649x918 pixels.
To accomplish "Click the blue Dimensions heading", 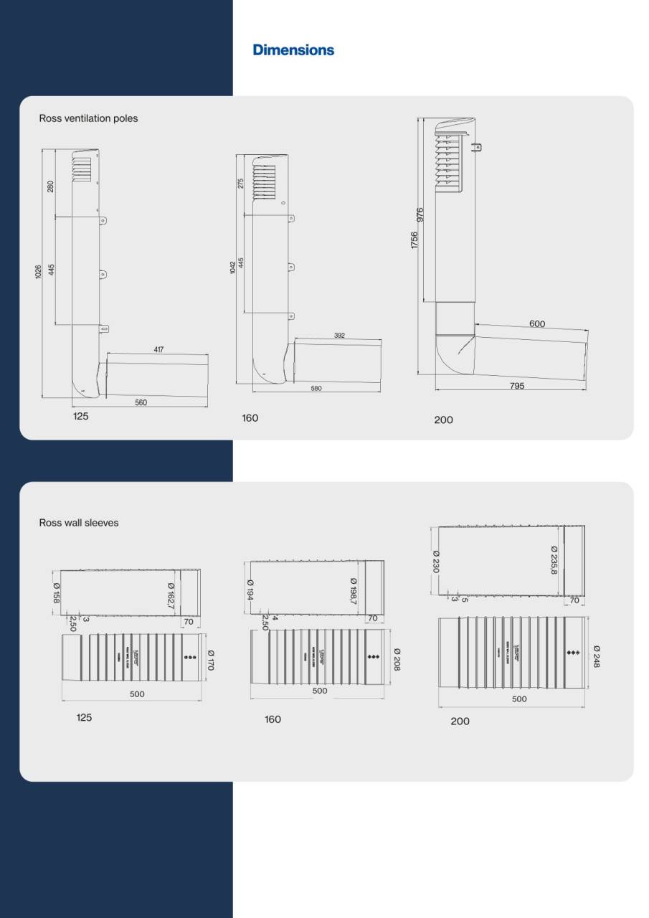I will click(293, 50).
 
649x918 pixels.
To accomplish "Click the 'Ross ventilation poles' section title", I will click(88, 118).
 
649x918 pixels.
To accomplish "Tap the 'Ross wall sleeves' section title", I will click(79, 523).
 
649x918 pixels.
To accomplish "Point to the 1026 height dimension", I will click(38, 273).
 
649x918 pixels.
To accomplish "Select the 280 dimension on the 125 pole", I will click(50, 186).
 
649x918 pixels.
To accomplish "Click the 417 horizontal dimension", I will click(158, 350).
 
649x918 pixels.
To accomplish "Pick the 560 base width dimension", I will click(141, 402).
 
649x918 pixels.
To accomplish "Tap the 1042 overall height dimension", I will click(233, 268).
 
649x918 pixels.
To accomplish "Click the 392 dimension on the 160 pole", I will click(339, 335).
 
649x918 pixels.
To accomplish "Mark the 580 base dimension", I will click(316, 388).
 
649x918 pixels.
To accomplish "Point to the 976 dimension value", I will click(421, 215).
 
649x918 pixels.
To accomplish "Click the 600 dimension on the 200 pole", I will click(537, 324).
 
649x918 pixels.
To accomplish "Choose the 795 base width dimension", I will click(517, 385).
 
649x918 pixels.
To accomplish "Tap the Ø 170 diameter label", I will click(211, 660).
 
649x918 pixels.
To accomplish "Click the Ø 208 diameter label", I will click(397, 659).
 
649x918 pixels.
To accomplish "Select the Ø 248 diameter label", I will click(597, 656).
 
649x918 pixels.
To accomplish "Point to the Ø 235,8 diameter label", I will click(554, 559).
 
